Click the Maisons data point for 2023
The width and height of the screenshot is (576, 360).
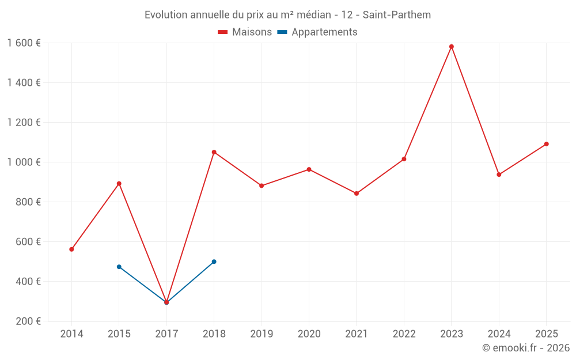coord(452,47)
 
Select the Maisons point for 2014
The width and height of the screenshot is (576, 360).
coord(71,249)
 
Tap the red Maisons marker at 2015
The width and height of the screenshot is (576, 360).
coord(119,184)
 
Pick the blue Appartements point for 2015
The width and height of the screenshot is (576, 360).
coord(119,267)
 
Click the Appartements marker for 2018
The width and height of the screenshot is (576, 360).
coord(214,262)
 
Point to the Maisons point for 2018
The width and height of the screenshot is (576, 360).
coord(214,152)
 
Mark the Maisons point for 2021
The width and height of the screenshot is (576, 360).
coord(357,194)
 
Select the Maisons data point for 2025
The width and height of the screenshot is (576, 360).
coord(547,144)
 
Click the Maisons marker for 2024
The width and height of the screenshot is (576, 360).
coord(499,175)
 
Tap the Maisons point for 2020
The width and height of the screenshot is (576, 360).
coord(309,169)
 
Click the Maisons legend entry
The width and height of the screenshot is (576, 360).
coord(245,32)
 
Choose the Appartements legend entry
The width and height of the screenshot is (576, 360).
coord(317,32)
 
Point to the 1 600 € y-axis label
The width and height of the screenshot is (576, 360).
coord(24,43)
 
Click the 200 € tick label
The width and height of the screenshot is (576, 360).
coord(29,321)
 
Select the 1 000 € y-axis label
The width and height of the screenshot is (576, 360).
coord(24,162)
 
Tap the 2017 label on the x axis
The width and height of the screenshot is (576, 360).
coord(166,334)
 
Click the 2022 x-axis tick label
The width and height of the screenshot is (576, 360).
coord(404,334)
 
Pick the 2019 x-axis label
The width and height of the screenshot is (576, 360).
coord(262,334)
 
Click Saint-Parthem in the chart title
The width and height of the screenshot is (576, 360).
coord(397,14)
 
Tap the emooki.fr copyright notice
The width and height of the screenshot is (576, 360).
coord(526,348)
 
